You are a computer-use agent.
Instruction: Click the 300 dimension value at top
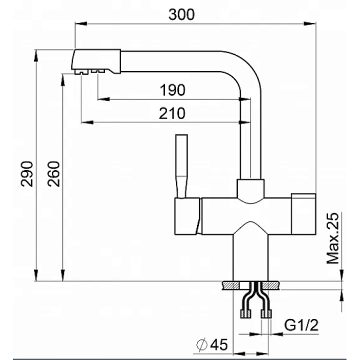(181, 14)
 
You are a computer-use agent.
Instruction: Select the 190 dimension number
(172, 90)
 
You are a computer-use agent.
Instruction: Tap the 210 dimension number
(172, 113)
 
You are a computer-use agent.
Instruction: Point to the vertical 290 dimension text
(27, 174)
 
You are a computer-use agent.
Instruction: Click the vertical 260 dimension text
(53, 174)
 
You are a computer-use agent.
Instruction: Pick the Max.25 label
(332, 238)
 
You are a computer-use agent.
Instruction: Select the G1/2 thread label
(301, 325)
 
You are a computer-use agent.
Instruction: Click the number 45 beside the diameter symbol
(219, 344)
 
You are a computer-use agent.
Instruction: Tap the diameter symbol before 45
(202, 345)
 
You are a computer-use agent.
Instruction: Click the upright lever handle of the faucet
(181, 166)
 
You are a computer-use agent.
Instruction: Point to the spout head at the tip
(96, 61)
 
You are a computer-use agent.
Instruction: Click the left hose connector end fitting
(245, 314)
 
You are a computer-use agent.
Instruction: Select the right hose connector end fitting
(266, 314)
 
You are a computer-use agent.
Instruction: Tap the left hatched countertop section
(231, 285)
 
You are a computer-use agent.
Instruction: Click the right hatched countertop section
(270, 285)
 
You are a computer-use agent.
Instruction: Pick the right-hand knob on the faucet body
(303, 214)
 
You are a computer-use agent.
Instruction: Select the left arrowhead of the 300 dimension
(81, 23)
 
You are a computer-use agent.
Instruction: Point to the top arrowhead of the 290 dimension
(36, 55)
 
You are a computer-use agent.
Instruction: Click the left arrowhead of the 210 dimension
(87, 122)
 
